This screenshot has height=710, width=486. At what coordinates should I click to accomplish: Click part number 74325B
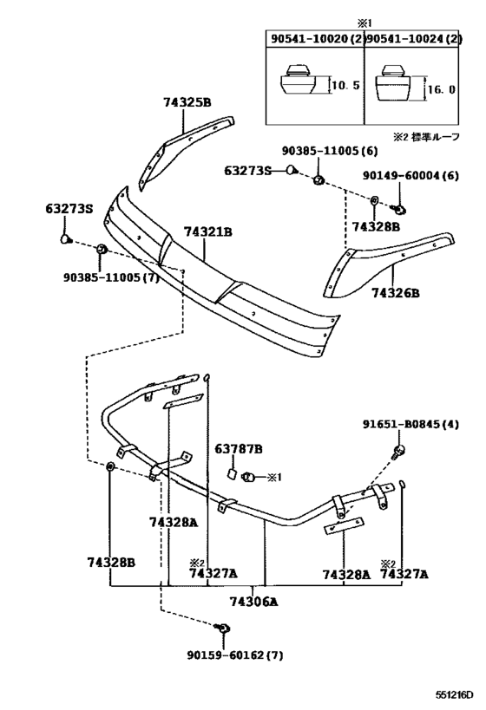[187, 102]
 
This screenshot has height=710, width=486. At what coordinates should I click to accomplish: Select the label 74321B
[208, 231]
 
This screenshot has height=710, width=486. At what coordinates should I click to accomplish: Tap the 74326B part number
[396, 293]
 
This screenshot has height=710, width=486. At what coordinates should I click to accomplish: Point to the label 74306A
[253, 602]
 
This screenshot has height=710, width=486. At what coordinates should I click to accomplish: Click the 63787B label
[239, 449]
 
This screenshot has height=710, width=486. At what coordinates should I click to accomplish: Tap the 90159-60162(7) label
[235, 655]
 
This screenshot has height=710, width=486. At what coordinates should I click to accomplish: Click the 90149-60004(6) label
[410, 175]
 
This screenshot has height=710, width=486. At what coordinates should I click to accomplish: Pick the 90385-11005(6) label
[330, 151]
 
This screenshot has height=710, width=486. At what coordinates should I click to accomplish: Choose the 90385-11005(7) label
[111, 277]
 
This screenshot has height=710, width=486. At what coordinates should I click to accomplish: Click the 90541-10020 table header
[311, 39]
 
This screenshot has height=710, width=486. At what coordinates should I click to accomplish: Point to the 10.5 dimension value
[345, 85]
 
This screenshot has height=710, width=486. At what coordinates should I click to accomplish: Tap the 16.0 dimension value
[441, 89]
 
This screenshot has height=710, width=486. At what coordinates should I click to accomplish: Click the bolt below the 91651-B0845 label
[398, 451]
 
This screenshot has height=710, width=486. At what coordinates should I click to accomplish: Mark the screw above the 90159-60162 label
[224, 628]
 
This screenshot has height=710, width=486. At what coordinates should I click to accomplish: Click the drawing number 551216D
[455, 694]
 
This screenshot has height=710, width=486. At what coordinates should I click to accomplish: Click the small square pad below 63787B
[231, 473]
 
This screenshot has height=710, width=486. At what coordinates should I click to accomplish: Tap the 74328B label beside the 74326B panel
[377, 226]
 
